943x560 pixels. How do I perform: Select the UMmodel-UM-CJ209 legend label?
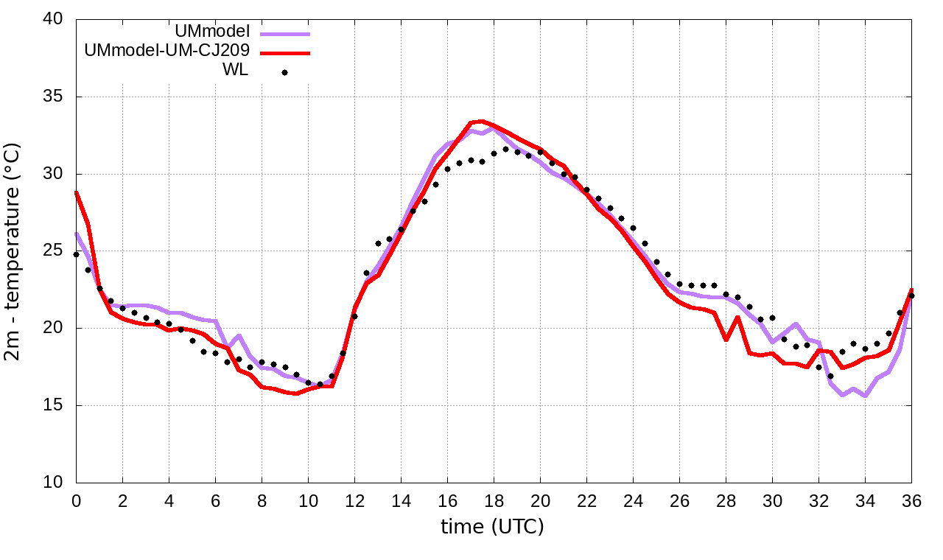(x=167, y=51)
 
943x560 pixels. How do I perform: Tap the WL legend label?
(x=235, y=71)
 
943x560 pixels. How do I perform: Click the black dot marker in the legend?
(x=284, y=72)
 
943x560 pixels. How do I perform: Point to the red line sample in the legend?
(x=284, y=53)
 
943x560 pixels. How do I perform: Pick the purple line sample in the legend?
(x=284, y=34)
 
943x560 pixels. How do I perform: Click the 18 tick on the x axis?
(x=494, y=500)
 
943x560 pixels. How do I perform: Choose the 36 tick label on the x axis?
(x=911, y=500)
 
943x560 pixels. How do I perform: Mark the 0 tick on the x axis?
(x=76, y=500)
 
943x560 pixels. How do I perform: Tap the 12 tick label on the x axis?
(x=354, y=500)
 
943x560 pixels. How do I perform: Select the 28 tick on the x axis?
(x=726, y=500)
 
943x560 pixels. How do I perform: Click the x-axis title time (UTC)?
(x=492, y=527)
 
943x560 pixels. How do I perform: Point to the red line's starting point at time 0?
(x=76, y=193)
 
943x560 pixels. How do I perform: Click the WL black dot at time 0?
(x=76, y=254)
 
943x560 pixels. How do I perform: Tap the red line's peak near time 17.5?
(x=482, y=121)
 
